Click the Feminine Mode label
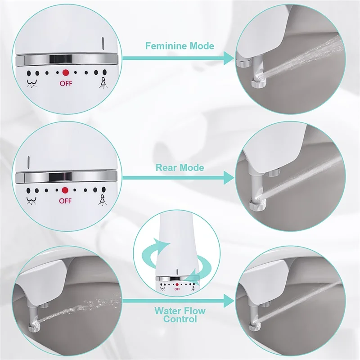pos(180,46)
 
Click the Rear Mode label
pos(180,168)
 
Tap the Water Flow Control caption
pos(180,315)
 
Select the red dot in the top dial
pos(65,72)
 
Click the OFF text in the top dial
pos(66,83)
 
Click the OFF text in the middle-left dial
pos(65,201)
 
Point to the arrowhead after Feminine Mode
pos(228,58)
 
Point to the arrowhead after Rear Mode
pos(228,177)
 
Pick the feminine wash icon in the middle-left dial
pos(102,200)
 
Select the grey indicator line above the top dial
pos(103,44)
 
